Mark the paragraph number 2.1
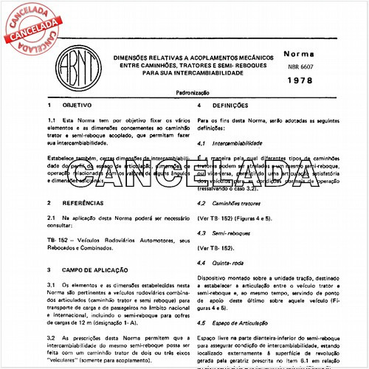click(x=52, y=219)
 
